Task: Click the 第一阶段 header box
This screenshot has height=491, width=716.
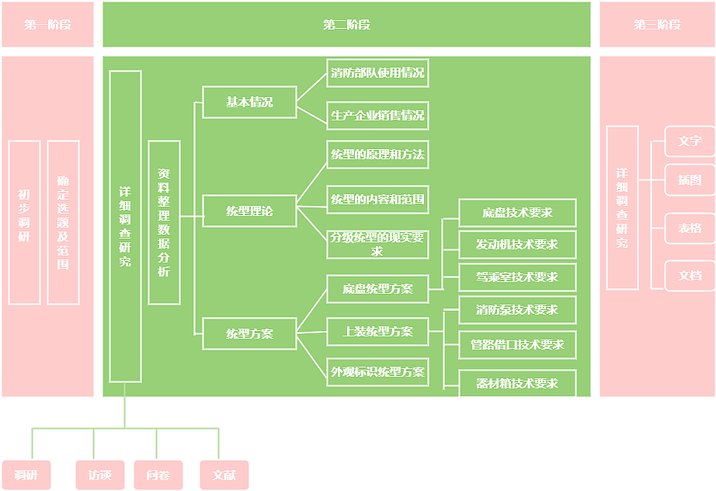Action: click(x=47, y=24)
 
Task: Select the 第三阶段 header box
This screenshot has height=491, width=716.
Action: click(x=657, y=24)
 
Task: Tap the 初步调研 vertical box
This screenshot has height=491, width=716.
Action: click(x=24, y=222)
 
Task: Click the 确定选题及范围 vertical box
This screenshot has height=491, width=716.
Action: click(x=63, y=222)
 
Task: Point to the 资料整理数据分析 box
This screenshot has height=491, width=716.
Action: click(x=164, y=222)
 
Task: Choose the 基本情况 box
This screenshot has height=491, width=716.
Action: click(x=249, y=102)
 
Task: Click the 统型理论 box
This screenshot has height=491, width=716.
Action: click(x=249, y=211)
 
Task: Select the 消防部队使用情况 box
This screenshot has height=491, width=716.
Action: click(x=377, y=73)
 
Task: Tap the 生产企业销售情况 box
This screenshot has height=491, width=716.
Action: click(x=377, y=116)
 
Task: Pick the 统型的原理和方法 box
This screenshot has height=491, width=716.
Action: click(x=377, y=155)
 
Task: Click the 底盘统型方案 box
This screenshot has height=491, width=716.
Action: click(x=377, y=289)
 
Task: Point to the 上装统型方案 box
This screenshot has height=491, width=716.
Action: click(x=377, y=332)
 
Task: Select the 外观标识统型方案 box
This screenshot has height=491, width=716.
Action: click(x=377, y=372)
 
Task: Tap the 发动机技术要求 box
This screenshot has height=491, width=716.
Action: click(x=517, y=245)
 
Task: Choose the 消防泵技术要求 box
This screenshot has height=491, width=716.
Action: click(x=517, y=310)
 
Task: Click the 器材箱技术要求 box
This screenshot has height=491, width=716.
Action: click(x=517, y=384)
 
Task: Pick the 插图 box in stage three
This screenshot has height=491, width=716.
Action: click(x=690, y=180)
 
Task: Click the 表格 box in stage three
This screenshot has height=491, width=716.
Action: click(x=690, y=228)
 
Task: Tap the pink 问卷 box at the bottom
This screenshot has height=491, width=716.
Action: click(x=158, y=475)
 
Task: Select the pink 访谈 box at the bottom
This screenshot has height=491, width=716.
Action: click(x=99, y=475)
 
